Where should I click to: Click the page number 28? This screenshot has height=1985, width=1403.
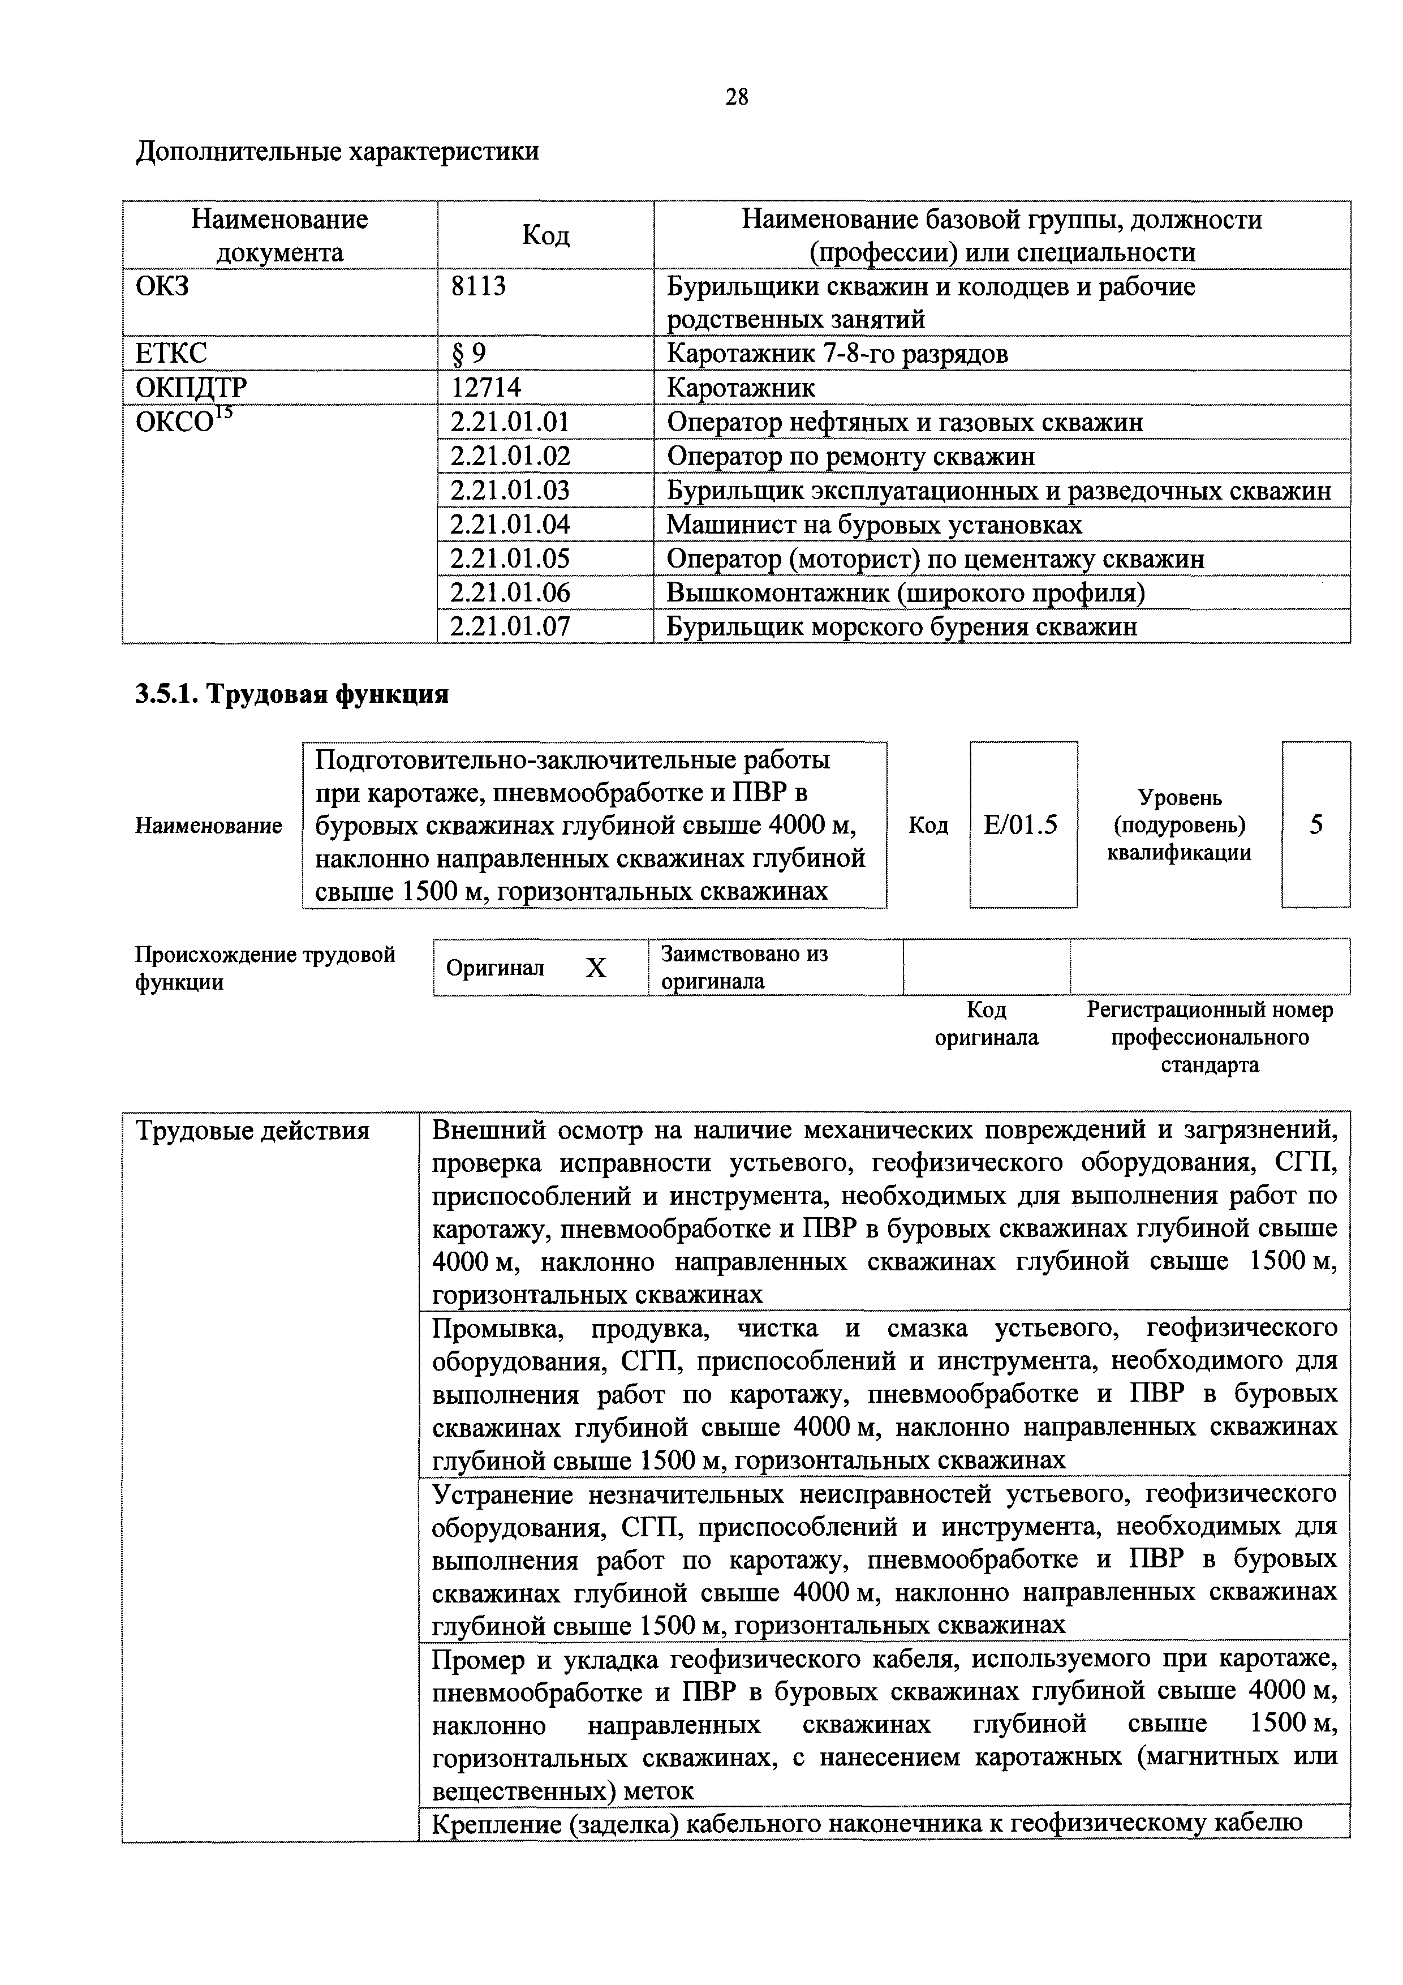click(737, 97)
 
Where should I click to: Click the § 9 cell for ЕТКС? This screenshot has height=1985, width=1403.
click(468, 354)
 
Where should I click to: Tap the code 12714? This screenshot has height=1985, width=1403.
click(486, 387)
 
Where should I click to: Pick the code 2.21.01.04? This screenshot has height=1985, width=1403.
click(510, 525)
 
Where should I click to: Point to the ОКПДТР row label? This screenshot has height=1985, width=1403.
click(191, 387)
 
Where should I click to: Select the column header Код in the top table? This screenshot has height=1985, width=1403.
click(545, 235)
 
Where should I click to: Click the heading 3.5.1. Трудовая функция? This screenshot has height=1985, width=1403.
click(291, 694)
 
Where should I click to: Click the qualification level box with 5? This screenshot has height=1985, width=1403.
click(1315, 825)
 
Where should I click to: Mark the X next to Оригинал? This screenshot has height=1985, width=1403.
click(596, 968)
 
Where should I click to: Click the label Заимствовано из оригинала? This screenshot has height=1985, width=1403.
click(743, 968)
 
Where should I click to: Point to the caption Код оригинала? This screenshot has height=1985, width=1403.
click(986, 1024)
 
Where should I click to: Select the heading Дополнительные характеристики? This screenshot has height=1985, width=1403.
click(337, 151)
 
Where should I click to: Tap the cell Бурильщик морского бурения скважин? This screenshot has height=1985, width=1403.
click(902, 627)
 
